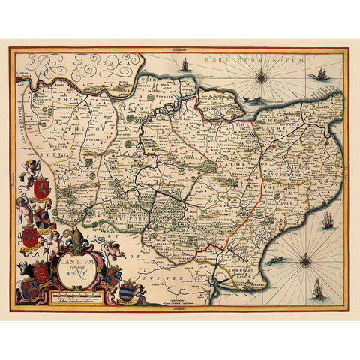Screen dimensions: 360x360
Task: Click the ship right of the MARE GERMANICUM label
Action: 322,73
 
